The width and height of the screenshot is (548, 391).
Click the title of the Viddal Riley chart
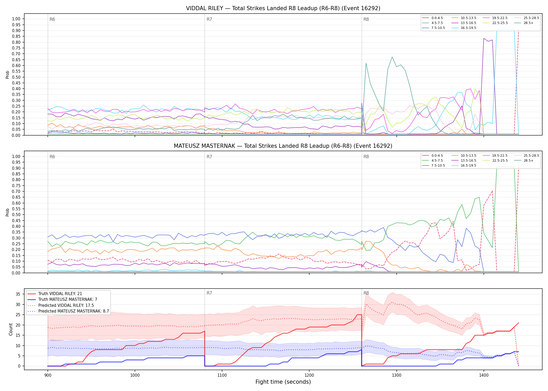tap(283, 8)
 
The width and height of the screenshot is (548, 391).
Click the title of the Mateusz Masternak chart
tap(283, 146)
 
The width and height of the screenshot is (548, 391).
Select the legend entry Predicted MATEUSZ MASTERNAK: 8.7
tap(68, 311)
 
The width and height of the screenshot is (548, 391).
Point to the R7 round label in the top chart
tap(209, 19)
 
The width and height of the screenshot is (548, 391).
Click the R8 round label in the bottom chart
tap(366, 293)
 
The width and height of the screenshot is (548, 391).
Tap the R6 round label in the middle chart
tap(52, 157)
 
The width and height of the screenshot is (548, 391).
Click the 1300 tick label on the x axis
tap(396, 375)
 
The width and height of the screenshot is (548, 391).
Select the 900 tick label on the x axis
tap(47, 375)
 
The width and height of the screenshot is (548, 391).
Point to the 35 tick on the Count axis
tap(18, 294)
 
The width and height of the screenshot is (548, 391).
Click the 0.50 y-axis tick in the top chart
tap(16, 77)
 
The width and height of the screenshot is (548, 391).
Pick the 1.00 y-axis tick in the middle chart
tap(16, 156)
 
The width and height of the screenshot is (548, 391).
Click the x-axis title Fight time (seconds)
tap(283, 382)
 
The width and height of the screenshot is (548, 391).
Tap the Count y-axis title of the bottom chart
tap(11, 329)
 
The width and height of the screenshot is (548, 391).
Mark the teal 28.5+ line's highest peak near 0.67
tap(392, 57)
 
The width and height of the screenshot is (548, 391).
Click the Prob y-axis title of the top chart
tap(8, 75)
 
